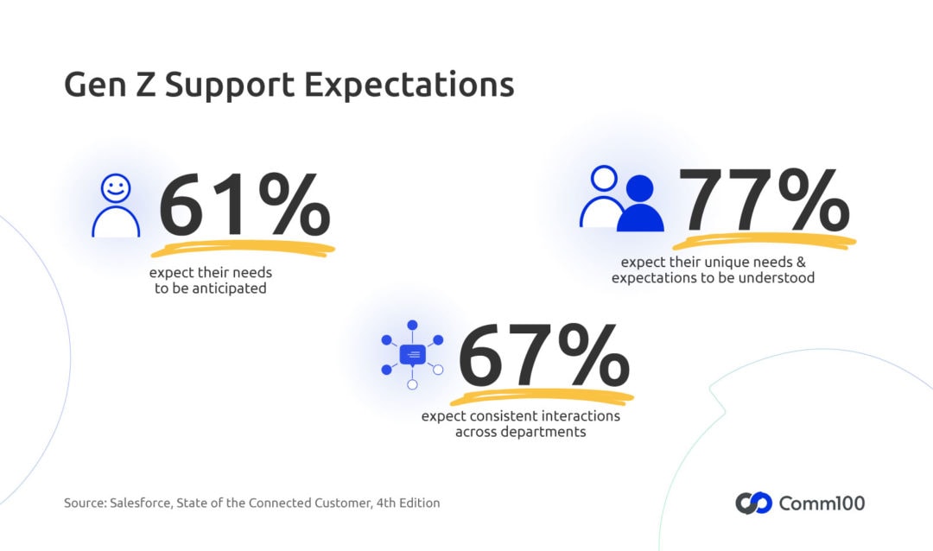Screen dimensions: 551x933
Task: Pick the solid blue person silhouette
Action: tap(640, 205)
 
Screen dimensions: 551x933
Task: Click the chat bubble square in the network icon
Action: tap(412, 354)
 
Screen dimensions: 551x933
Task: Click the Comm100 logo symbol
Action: tap(753, 503)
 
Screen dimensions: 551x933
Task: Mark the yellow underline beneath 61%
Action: tap(243, 250)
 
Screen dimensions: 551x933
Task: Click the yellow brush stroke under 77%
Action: tap(765, 241)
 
